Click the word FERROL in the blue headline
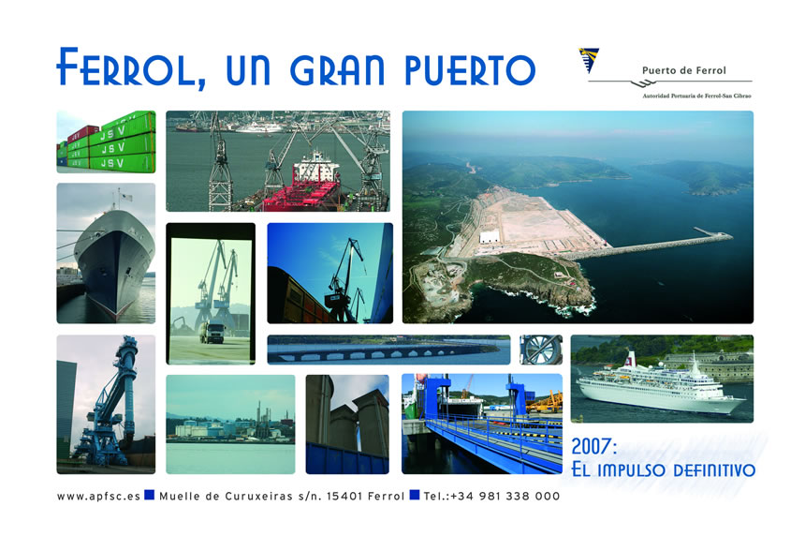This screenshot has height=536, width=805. pyautogui.click(x=131, y=67)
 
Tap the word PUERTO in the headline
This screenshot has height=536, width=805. pyautogui.click(x=470, y=70)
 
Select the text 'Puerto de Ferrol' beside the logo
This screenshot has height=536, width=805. pyautogui.click(x=684, y=70)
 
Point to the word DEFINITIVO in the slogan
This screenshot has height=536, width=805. pyautogui.click(x=713, y=469)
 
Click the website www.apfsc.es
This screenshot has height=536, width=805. pyautogui.click(x=98, y=497)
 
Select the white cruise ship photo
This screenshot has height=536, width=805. pyautogui.click(x=662, y=379)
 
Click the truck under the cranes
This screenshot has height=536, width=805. pyautogui.click(x=212, y=332)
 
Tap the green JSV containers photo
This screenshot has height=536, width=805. pyautogui.click(x=106, y=141)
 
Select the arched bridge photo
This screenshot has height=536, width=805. pyautogui.click(x=388, y=350)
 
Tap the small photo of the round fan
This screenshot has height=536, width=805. pyautogui.click(x=541, y=350)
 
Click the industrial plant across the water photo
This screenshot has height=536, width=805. pyautogui.click(x=230, y=424)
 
